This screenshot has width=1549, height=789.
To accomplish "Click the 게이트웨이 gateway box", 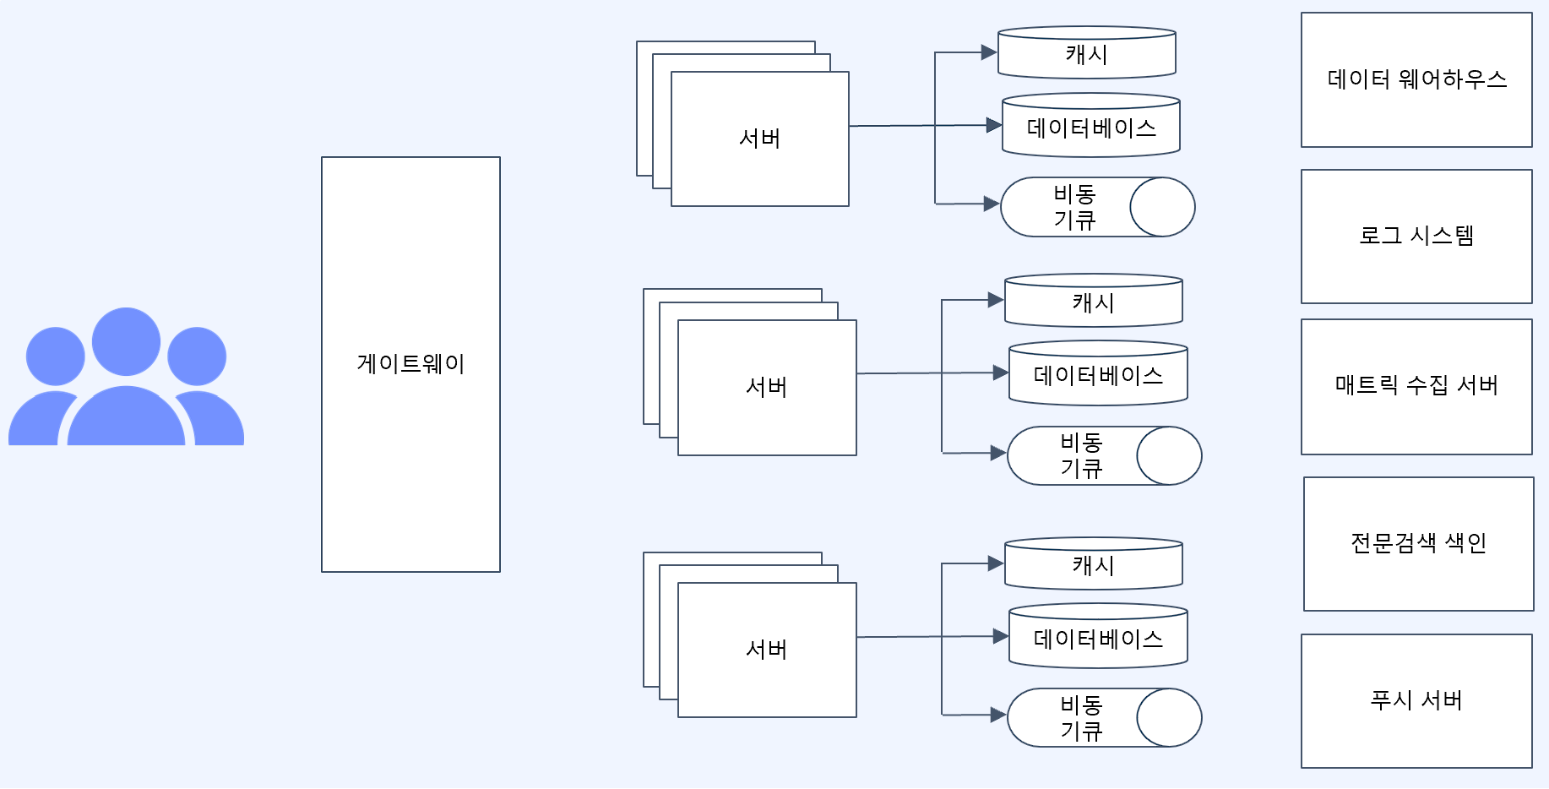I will click(410, 364).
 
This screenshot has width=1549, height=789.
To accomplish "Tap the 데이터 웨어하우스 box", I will click(1416, 79).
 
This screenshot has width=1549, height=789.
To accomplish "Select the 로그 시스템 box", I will click(1416, 236).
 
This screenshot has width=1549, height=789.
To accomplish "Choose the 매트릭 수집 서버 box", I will click(1416, 386).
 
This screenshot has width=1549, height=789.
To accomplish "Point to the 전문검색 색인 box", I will click(1418, 543).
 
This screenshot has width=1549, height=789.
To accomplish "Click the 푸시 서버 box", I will click(1416, 700).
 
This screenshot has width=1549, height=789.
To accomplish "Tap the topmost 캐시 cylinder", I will click(1086, 54).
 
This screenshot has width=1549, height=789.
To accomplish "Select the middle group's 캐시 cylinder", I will click(1093, 302).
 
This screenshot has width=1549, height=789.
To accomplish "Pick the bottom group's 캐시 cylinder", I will click(1093, 565).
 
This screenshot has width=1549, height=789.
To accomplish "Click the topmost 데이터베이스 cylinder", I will click(1090, 128).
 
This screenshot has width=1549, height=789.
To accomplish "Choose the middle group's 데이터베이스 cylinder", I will click(1098, 375).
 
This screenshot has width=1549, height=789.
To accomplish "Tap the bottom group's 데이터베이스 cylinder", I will click(1098, 639).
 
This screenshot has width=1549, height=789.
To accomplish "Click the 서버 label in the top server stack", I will click(759, 139).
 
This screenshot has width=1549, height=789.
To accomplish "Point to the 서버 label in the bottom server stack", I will click(766, 650).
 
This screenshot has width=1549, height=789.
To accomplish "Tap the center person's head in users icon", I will click(126, 341).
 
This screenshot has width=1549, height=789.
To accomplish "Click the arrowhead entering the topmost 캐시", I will click(989, 52).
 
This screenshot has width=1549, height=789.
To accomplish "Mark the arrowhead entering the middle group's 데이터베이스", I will click(1001, 373).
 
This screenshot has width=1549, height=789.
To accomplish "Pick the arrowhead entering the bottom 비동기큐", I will click(998, 715).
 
